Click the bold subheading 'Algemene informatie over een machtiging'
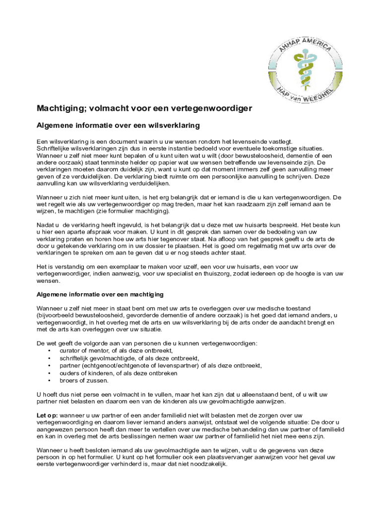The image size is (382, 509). (100, 295)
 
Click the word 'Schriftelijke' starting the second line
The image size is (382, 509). (55, 148)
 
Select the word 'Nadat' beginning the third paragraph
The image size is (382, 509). (45, 224)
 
